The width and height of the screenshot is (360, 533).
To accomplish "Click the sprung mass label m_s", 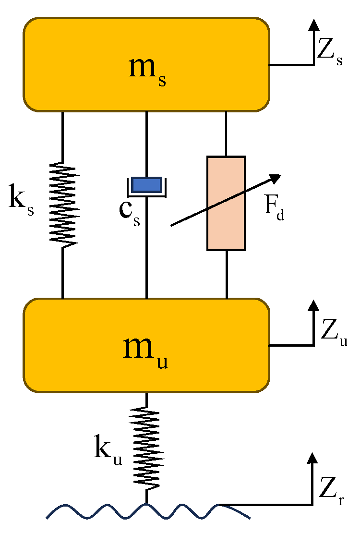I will tap(148, 71).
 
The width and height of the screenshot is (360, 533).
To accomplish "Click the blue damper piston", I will tap(146, 184).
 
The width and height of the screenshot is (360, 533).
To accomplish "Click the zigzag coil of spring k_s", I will tap(63, 204).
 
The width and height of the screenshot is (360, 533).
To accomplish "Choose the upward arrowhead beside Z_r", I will tap(313, 459).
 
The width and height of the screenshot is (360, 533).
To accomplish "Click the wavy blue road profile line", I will tap(96, 512).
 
